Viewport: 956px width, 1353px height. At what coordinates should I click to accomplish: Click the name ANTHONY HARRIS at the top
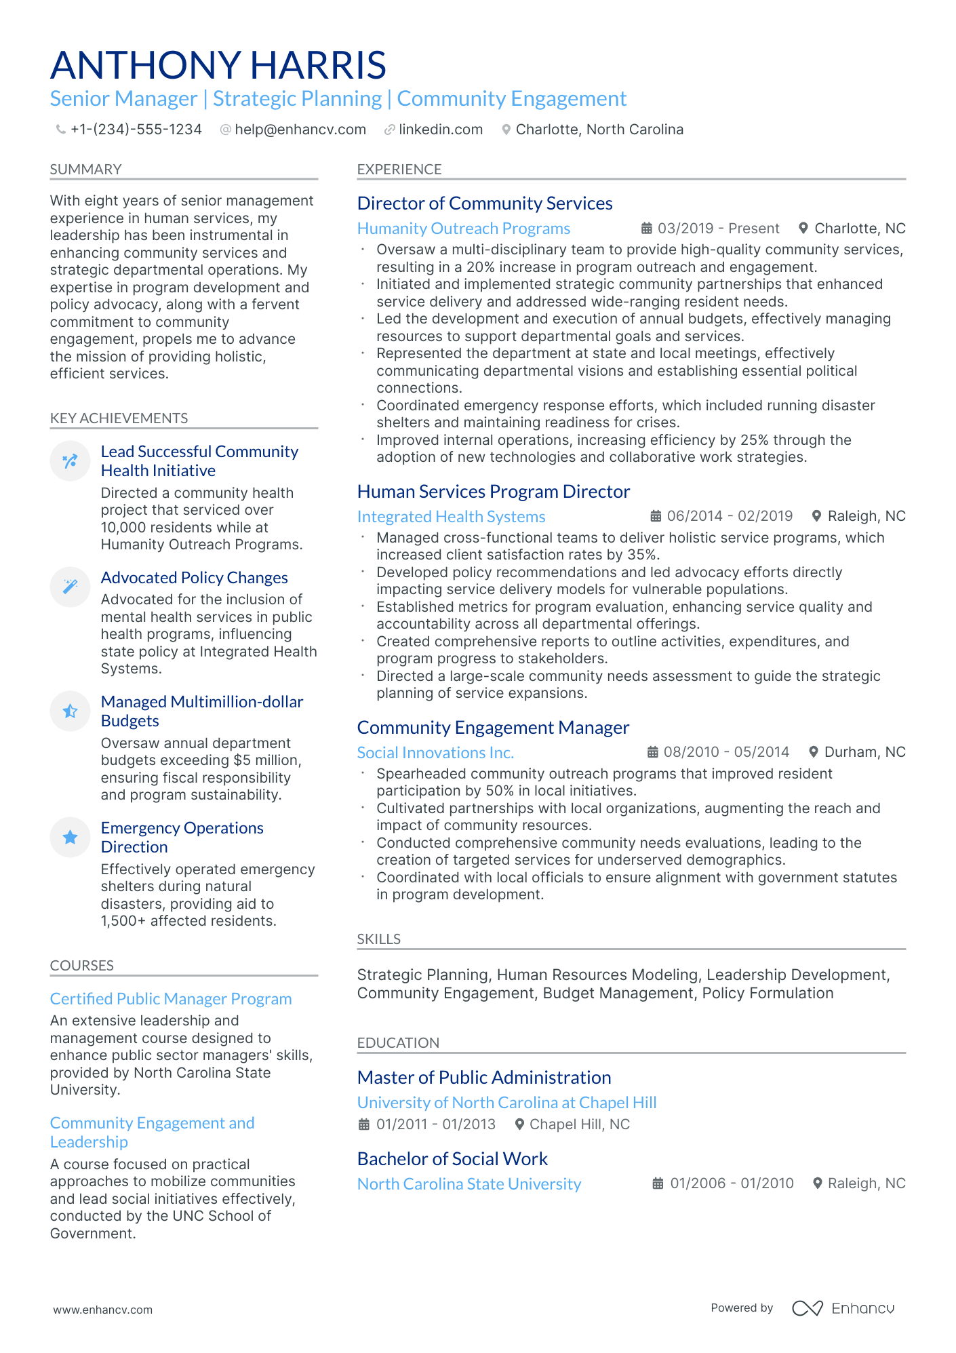218,65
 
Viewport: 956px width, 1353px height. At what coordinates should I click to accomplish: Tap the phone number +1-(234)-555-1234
136,130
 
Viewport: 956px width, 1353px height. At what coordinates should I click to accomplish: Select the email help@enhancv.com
300,130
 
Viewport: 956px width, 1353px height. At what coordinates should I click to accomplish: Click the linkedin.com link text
440,130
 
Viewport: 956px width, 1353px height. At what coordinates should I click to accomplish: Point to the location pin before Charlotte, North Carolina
506,130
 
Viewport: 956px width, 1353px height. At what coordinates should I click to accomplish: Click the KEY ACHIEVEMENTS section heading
119,418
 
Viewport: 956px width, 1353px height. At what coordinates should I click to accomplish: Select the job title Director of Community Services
484,203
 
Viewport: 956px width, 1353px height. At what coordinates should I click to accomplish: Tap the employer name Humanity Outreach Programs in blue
463,229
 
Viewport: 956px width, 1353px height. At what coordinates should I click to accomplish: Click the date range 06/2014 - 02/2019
729,516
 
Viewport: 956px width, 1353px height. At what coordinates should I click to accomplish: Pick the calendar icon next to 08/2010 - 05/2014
652,752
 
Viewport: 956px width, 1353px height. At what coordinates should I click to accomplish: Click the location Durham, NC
864,752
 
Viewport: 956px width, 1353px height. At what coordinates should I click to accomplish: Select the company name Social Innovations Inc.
435,753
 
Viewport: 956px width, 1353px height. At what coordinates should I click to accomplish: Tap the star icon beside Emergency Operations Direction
70,838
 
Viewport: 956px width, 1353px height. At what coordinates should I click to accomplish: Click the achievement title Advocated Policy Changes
194,578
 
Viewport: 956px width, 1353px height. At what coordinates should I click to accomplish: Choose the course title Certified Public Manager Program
171,999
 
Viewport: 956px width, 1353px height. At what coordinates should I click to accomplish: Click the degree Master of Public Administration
483,1078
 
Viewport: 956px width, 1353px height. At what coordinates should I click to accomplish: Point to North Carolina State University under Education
469,1184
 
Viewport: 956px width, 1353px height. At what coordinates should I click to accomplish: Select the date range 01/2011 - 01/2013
435,1124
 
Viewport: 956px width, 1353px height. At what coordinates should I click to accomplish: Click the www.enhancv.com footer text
102,1310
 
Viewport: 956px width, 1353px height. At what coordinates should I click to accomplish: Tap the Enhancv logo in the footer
843,1308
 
